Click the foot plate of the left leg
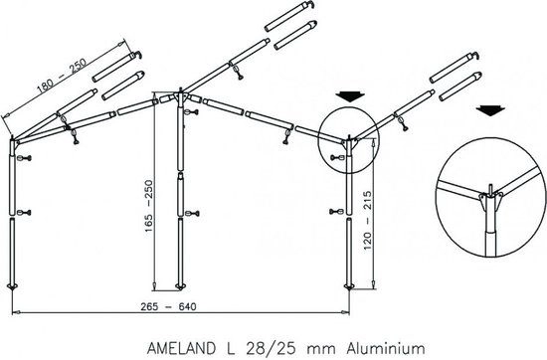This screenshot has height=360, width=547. [x=14, y=286]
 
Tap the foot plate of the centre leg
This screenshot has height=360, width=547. [x=180, y=286]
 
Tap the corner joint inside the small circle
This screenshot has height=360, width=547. [x=347, y=145]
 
